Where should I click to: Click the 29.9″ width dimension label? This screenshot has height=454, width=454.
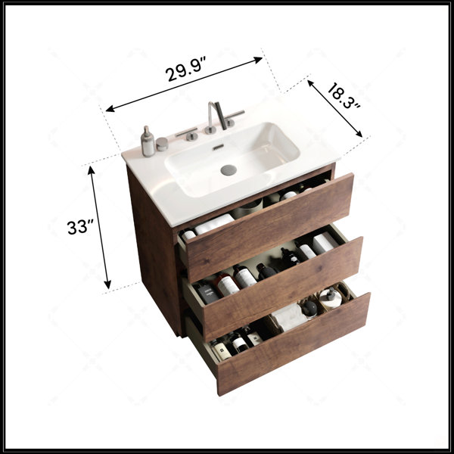coord(186,70)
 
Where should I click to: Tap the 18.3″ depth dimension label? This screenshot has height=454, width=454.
coord(344,95)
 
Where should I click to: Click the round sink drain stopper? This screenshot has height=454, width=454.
coord(229,170)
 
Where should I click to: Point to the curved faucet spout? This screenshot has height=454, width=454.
coord(219,115)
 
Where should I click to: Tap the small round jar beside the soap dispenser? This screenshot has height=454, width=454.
coord(162,144)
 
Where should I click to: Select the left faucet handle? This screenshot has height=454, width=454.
coord(188,134)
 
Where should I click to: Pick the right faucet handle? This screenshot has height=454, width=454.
coord(233,117)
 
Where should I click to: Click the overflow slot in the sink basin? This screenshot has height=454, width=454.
coord(218,147)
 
